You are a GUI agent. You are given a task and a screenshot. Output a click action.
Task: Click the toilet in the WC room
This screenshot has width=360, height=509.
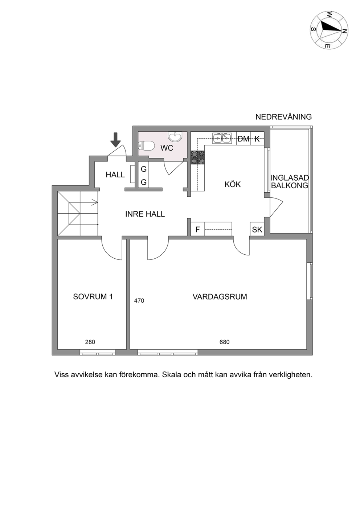click(146, 145)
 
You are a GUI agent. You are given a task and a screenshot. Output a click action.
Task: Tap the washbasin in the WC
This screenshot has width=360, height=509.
click(175, 136)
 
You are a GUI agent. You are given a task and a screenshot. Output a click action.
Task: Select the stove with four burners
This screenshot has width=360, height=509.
click(198, 157)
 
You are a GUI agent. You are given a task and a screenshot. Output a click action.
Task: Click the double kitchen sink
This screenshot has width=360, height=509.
click(222, 138)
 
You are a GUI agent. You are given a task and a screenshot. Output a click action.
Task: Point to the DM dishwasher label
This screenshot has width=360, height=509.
click(244, 139)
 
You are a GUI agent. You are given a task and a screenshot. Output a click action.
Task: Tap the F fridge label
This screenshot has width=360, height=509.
click(197, 230)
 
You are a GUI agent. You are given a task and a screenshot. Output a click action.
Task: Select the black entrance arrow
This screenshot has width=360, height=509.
click(116, 140)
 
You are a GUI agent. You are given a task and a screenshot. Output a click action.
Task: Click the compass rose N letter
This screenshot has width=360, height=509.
click(344, 31)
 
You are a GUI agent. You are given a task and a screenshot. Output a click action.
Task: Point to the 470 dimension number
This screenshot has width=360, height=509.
click(139, 301)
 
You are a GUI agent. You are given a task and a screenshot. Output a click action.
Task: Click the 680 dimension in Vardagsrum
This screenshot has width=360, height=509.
click(225, 348)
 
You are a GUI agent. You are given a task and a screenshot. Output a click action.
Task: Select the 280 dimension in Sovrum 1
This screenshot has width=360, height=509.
click(90, 348)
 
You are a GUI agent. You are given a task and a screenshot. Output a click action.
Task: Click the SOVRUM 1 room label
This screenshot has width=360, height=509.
click(93, 297)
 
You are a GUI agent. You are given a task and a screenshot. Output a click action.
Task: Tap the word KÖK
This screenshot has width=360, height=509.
click(233, 184)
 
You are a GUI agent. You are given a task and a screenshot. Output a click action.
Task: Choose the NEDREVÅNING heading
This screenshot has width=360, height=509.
click(284, 117)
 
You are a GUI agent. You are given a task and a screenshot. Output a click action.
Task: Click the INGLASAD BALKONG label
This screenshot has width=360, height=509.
click(290, 181)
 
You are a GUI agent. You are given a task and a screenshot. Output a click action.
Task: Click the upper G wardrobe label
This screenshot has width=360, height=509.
click(144, 169)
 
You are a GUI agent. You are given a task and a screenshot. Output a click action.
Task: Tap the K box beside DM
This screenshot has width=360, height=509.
click(257, 139)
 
